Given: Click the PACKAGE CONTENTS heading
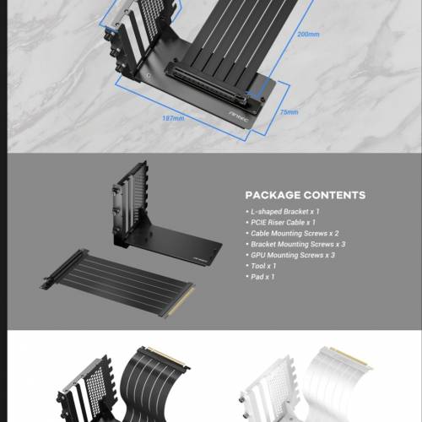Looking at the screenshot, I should tap(305, 195).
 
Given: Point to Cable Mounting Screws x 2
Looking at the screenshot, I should tap(294, 233).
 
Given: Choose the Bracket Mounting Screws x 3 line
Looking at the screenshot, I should tap(297, 244).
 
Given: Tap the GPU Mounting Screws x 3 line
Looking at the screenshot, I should tap(292, 255).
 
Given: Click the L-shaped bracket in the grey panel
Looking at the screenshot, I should tap(148, 219).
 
